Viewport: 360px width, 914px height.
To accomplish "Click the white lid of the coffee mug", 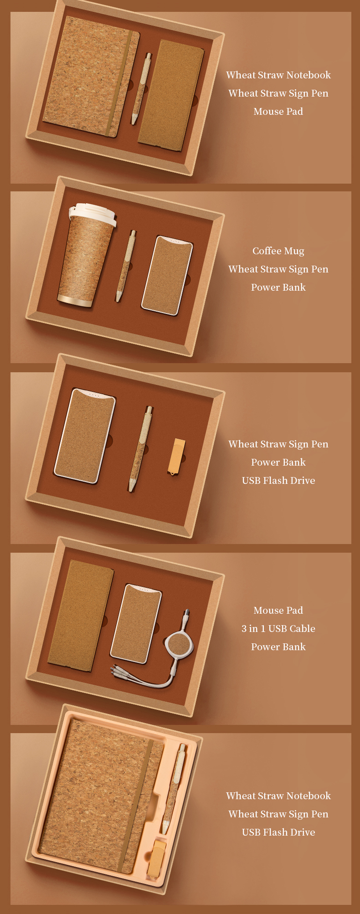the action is pyautogui.click(x=92, y=214).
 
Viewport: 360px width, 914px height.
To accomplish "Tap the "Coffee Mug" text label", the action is pyautogui.click(x=278, y=251).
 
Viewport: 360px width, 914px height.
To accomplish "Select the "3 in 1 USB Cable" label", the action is pyautogui.click(x=278, y=629).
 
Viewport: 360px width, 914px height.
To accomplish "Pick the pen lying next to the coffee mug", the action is pyautogui.click(x=126, y=266).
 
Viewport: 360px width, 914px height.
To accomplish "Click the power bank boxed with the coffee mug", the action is pyautogui.click(x=167, y=275).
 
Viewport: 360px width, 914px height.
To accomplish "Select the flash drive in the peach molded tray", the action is pyautogui.click(x=156, y=858).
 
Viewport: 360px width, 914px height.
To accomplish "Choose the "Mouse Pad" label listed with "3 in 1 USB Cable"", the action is pyautogui.click(x=278, y=611).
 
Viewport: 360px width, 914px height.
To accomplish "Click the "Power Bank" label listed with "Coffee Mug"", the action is pyautogui.click(x=278, y=288).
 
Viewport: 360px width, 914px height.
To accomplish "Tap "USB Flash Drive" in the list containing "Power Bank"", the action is pyautogui.click(x=278, y=481).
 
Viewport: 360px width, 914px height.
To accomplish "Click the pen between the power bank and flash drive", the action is pyautogui.click(x=139, y=449).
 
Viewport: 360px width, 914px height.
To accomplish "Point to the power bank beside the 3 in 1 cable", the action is pyautogui.click(x=136, y=623).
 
